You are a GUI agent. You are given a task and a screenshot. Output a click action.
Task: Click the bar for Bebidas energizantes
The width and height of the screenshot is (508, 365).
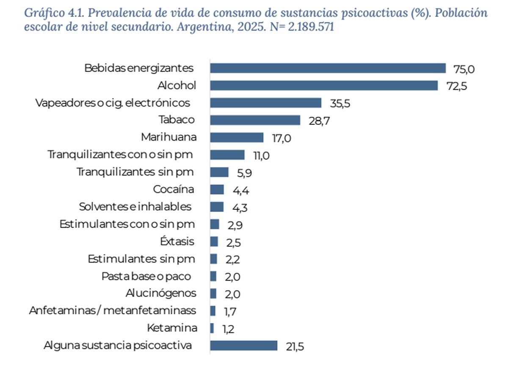(x=328, y=68)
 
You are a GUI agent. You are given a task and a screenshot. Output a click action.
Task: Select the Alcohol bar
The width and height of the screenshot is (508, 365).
(x=324, y=85)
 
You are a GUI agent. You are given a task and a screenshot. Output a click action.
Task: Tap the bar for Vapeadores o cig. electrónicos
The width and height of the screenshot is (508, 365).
(x=266, y=103)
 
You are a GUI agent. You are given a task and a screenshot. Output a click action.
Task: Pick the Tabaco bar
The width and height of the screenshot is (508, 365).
(x=255, y=120)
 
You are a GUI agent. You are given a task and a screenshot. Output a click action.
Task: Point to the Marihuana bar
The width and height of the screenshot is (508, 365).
(x=237, y=137)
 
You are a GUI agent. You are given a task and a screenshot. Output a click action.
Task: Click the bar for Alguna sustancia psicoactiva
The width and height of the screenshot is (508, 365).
(x=243, y=346)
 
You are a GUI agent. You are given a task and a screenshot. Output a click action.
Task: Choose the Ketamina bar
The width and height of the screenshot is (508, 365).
(x=212, y=328)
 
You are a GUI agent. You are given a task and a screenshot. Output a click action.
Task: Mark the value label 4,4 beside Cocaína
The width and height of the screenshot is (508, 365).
(x=240, y=190)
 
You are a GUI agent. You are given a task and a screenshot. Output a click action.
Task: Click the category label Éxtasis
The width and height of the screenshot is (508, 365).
(x=177, y=242)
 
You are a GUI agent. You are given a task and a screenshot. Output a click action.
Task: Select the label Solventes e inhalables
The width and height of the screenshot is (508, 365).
(x=135, y=207)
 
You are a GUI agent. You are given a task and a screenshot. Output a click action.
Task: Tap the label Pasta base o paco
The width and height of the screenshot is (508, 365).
(x=146, y=276)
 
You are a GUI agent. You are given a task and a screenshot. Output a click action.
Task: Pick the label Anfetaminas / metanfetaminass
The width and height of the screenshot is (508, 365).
(x=113, y=311)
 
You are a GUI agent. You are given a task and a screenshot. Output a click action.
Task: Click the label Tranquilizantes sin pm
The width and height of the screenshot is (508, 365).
(x=135, y=172)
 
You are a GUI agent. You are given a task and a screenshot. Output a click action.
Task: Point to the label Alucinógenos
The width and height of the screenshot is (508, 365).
(x=161, y=293)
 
